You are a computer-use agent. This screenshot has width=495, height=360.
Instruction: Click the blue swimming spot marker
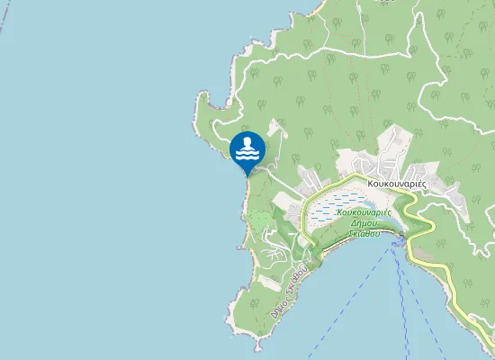[x=247, y=151]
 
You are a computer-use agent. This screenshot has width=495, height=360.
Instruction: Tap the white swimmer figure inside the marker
[x=247, y=144]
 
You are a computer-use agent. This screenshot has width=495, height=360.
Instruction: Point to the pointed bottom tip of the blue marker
[x=247, y=176]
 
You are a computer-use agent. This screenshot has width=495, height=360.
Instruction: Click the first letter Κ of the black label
[x=383, y=179]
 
